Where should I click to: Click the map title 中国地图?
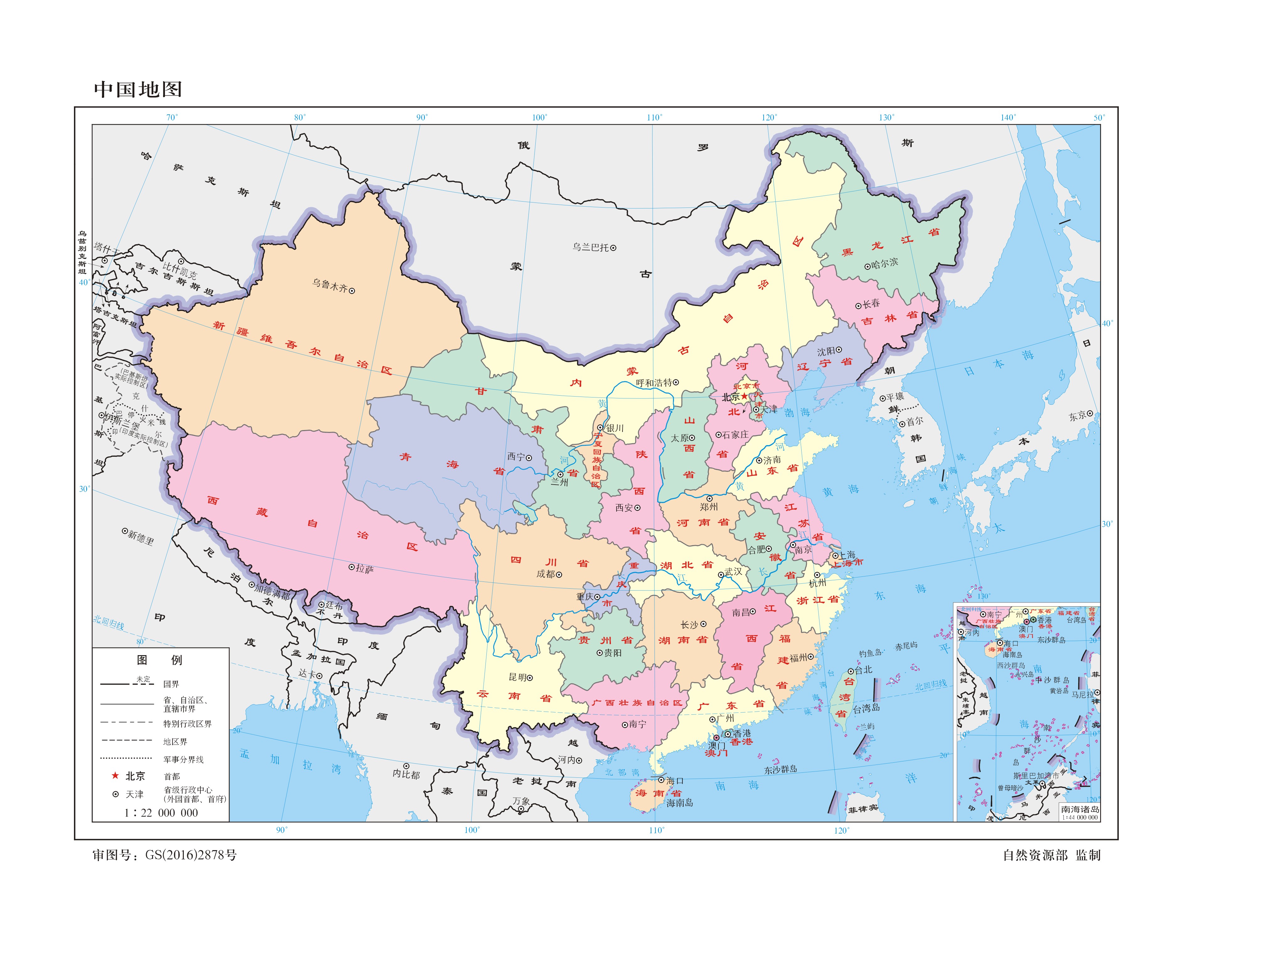click(x=138, y=89)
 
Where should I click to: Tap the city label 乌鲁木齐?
click(x=330, y=285)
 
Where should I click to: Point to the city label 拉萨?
click(x=364, y=569)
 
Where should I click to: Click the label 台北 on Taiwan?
click(x=863, y=670)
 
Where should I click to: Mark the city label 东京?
click(x=1077, y=416)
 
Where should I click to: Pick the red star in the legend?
click(x=115, y=776)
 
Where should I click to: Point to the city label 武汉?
click(x=733, y=571)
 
